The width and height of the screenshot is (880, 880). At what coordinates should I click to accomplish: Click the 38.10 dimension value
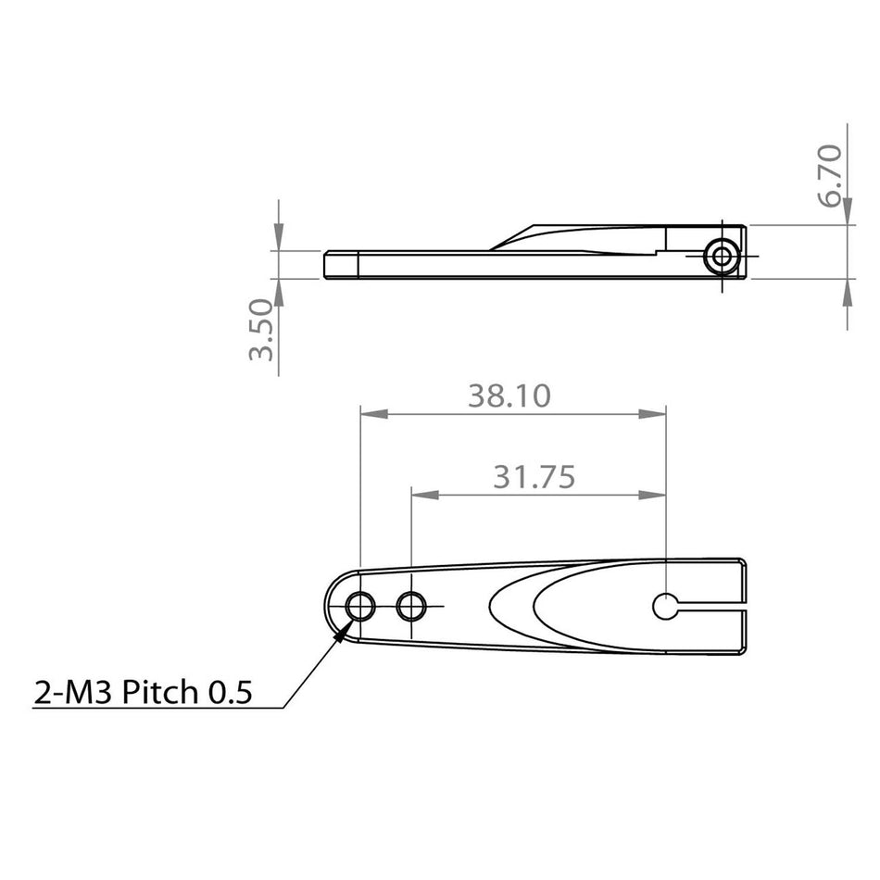[509, 396]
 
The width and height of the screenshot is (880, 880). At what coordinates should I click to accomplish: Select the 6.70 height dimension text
[831, 175]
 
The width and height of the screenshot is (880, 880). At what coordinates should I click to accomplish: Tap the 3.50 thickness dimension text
[262, 330]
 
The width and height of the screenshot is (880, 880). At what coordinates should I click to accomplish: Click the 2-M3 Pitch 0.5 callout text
[143, 691]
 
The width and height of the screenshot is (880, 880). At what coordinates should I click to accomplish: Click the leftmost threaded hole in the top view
[359, 608]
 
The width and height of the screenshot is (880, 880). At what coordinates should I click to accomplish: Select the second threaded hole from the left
[410, 608]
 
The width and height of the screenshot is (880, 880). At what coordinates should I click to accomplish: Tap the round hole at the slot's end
[666, 607]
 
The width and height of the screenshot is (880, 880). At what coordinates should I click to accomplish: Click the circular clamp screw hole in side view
[721, 257]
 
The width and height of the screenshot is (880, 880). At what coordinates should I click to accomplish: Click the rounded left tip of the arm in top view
[332, 608]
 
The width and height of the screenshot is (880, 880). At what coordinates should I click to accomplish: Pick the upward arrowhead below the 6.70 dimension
[848, 290]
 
